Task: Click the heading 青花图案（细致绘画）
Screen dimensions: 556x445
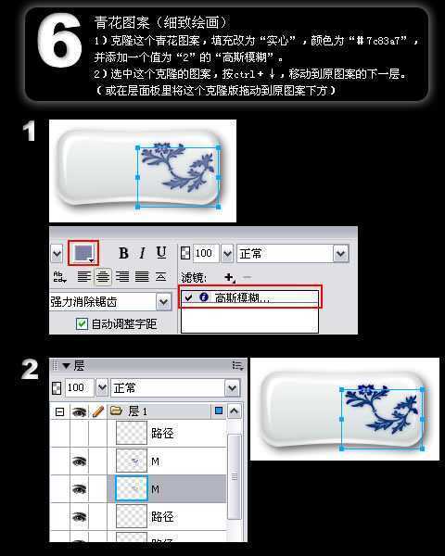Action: [161, 20]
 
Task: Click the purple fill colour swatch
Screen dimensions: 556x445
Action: [83, 253]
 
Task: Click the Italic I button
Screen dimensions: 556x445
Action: [142, 253]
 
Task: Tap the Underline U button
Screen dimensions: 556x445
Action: [161, 253]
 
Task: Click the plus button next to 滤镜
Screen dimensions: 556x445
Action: [229, 277]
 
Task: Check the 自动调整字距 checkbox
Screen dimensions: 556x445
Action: [82, 323]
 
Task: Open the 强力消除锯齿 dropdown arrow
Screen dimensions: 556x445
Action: [163, 301]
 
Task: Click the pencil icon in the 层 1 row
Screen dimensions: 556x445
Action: [96, 410]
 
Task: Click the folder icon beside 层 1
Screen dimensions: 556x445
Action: [116, 410]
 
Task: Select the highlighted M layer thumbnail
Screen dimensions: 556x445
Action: [131, 487]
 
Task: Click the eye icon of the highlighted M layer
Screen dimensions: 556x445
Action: [79, 487]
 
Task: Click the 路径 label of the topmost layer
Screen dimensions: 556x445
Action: [162, 431]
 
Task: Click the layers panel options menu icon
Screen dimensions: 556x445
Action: [237, 366]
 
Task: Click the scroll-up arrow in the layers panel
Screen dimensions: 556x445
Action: [235, 411]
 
